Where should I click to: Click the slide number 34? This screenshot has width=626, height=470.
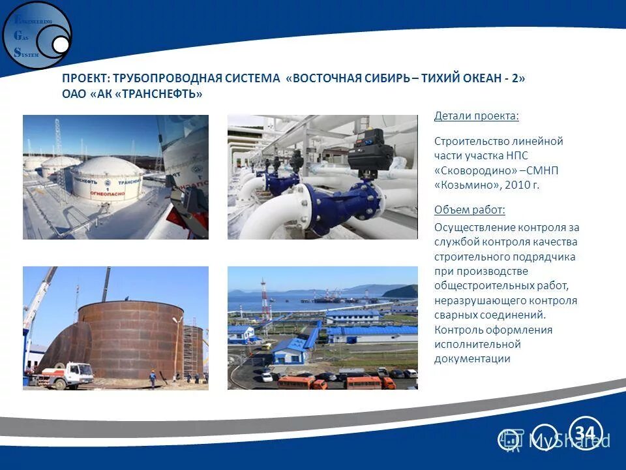585,432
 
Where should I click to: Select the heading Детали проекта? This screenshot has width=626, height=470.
477,116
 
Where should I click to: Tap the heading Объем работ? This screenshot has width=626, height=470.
469,210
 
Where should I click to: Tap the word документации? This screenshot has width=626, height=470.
472,358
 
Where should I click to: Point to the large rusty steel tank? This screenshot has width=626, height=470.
127,339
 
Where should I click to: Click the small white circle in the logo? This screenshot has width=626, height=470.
61,44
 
